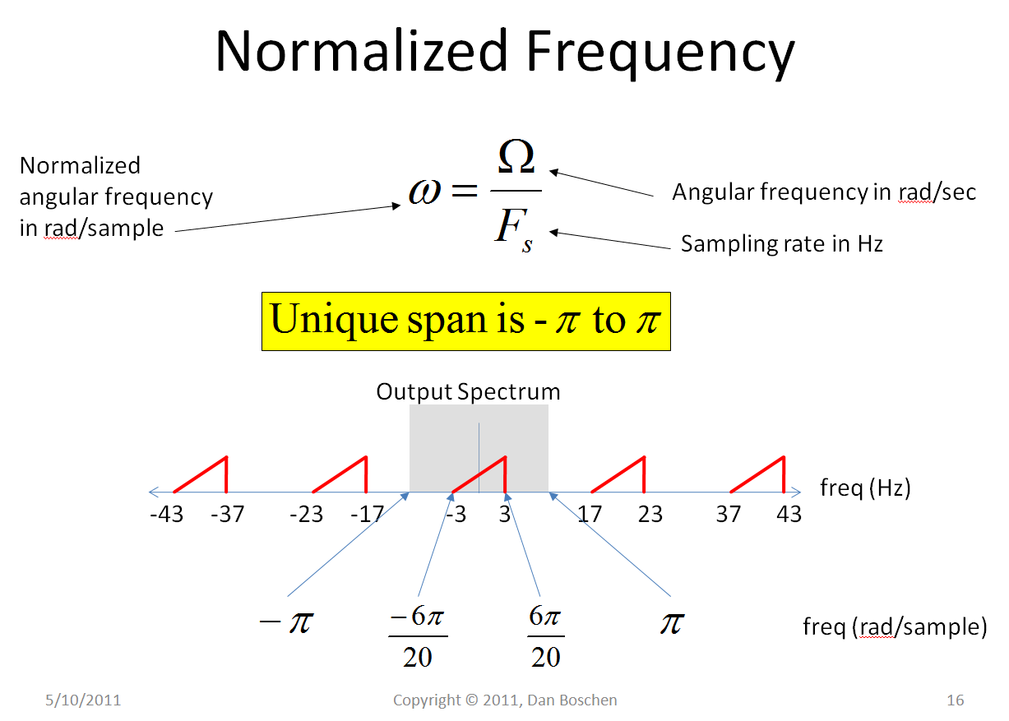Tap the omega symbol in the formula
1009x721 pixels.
pyautogui.click(x=430, y=191)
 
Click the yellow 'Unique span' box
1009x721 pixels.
pyautogui.click(x=465, y=321)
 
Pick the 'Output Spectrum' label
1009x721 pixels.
pyautogui.click(x=468, y=391)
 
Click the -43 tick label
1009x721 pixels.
pyautogui.click(x=167, y=515)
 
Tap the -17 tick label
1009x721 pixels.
pyautogui.click(x=367, y=515)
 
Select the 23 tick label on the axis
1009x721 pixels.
pyautogui.click(x=650, y=515)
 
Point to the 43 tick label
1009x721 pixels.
pyautogui.click(x=789, y=515)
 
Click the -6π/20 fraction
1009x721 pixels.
pyautogui.click(x=418, y=637)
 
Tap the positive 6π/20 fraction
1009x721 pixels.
pyautogui.click(x=546, y=637)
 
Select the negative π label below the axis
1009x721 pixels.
pyautogui.click(x=286, y=622)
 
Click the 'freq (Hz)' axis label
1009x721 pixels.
pyautogui.click(x=865, y=488)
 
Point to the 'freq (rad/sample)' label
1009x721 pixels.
pyautogui.click(x=895, y=627)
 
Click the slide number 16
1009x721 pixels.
pyautogui.click(x=955, y=700)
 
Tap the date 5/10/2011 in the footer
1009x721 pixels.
pyautogui.click(x=82, y=700)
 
